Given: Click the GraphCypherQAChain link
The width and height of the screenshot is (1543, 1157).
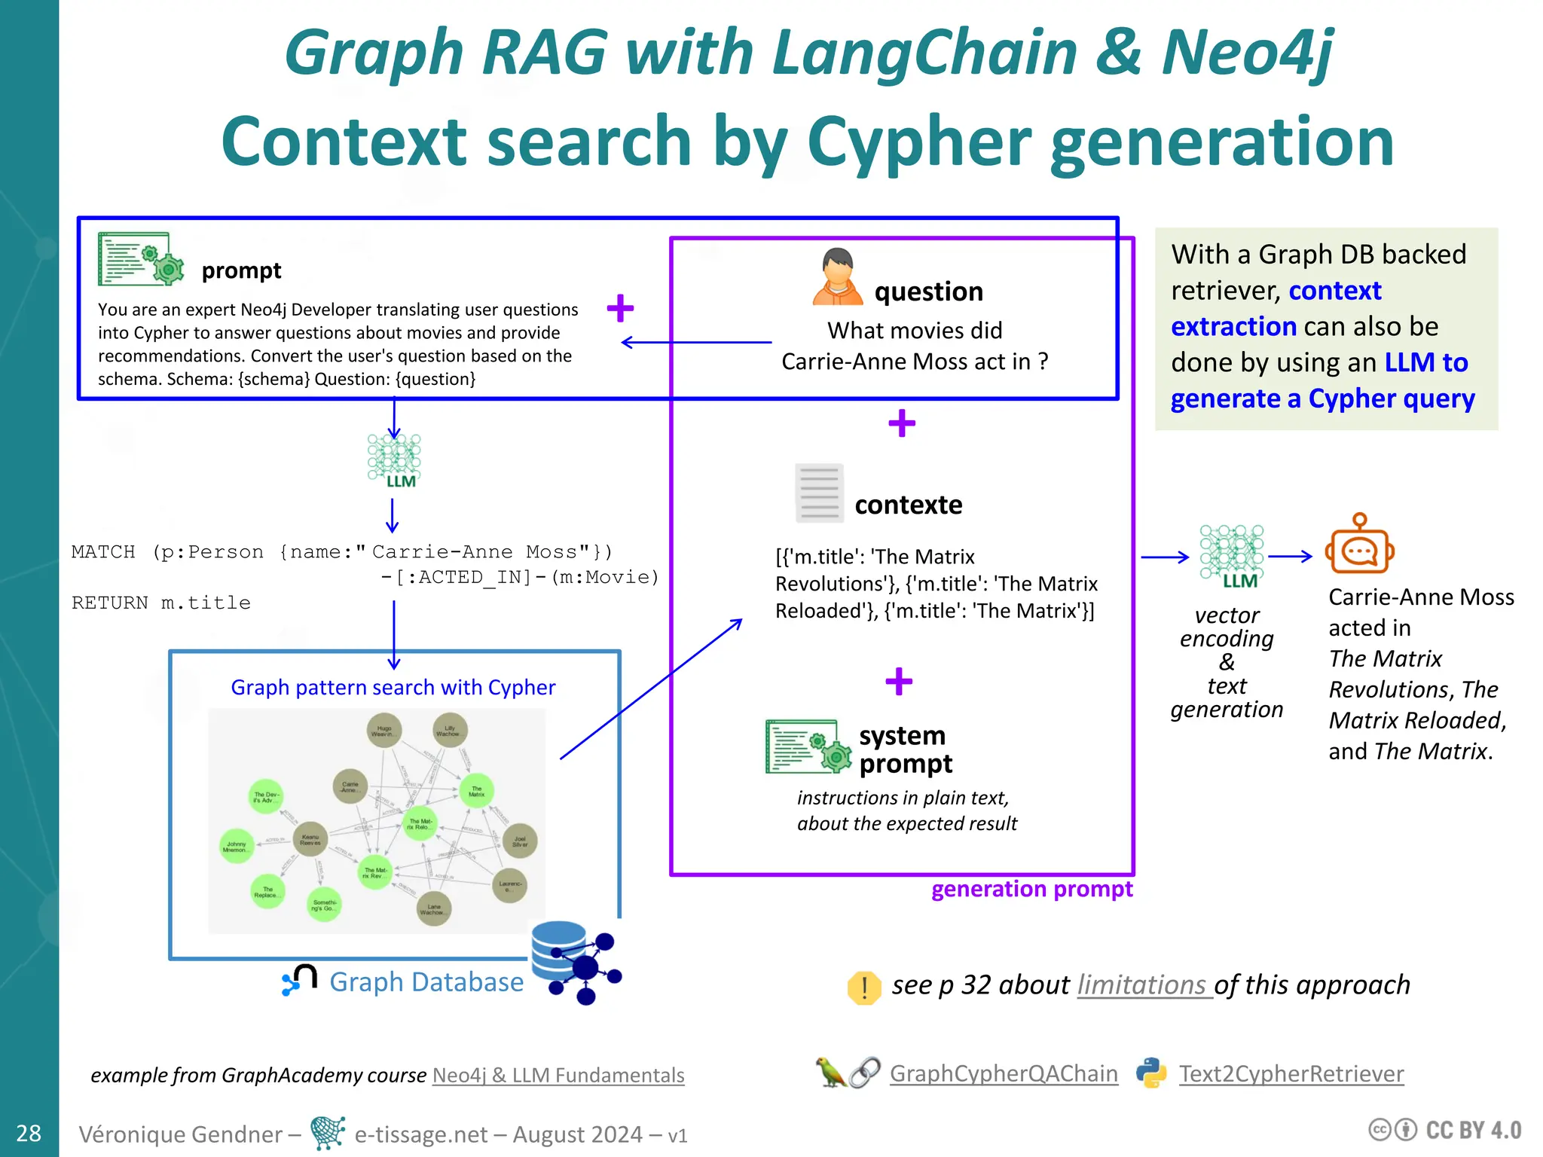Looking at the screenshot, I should point(1004,1073).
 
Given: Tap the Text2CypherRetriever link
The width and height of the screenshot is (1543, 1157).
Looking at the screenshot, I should point(1291,1073).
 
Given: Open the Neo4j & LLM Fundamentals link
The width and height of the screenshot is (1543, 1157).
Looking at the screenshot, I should point(558,1075).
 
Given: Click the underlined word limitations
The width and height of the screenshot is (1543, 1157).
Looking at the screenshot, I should point(1143,985).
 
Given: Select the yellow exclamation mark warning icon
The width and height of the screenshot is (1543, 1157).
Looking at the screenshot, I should point(864,987).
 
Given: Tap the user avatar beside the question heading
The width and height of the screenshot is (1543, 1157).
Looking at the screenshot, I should point(838,276).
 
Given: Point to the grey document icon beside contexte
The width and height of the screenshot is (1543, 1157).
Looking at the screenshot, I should point(819,493).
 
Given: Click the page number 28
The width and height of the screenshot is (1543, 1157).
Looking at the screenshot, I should point(29,1133).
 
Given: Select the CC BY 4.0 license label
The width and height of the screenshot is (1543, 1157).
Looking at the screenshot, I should point(1445,1130).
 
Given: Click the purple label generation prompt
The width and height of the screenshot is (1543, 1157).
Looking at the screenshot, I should point(1031,890).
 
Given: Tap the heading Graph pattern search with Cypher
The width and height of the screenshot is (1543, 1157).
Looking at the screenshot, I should point(393,687).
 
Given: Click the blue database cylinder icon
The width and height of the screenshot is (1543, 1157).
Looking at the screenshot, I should point(558,954).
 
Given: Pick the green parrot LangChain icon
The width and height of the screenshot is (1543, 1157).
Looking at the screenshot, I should point(830,1073).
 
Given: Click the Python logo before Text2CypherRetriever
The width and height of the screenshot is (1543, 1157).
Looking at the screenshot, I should point(1151,1073).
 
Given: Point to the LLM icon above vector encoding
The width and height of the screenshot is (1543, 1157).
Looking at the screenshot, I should point(1232,556).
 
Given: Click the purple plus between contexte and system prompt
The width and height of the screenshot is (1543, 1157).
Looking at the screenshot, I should point(899,681).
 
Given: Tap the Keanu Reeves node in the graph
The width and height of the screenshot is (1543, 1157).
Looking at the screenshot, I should point(310,840).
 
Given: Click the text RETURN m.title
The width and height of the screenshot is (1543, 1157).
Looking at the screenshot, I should point(161,603).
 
